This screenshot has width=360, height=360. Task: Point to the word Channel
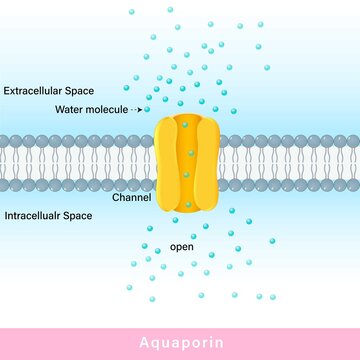click(131, 198)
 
